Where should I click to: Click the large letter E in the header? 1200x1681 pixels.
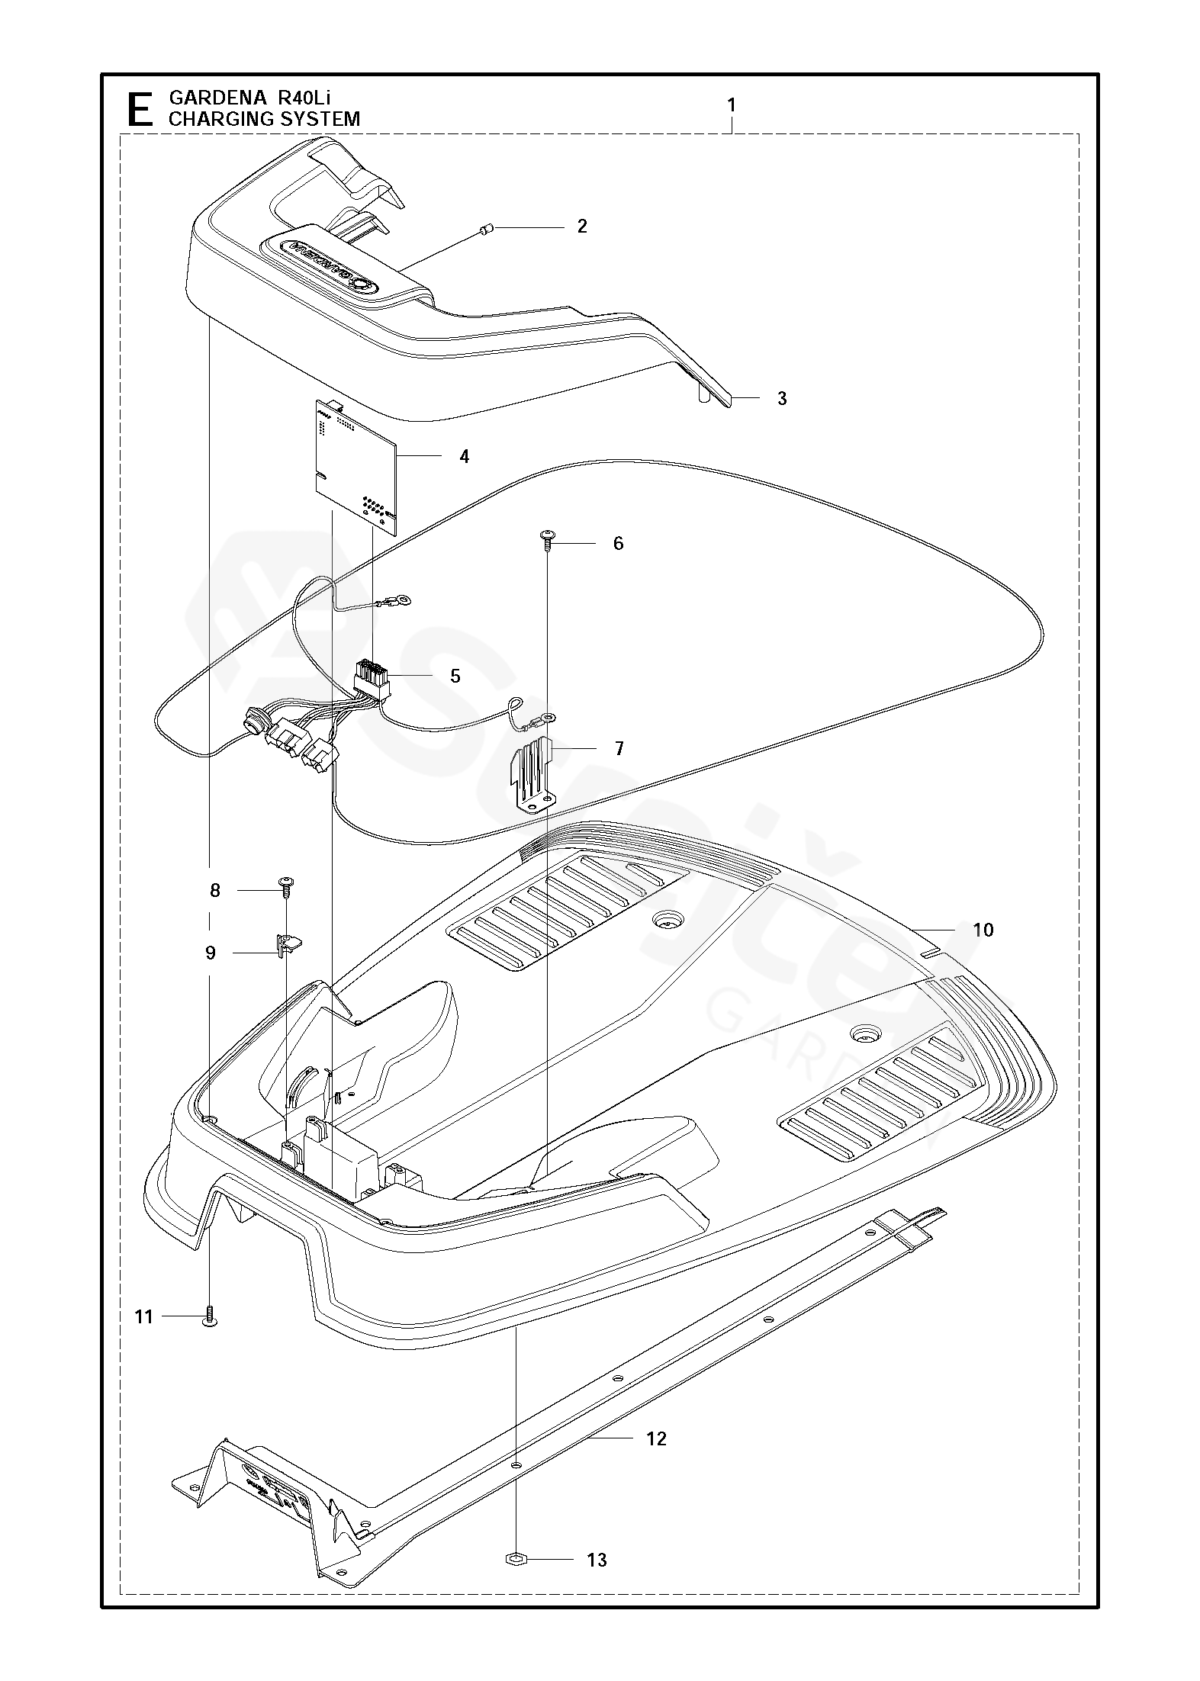138,109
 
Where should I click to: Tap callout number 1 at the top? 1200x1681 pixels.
732,105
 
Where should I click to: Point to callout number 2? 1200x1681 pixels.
582,227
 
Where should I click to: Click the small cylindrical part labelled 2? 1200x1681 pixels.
489,229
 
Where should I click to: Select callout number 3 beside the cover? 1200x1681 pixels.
782,398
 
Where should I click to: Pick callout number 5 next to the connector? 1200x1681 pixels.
455,676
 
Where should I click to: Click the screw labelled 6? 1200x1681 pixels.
547,538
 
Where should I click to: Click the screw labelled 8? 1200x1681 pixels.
287,886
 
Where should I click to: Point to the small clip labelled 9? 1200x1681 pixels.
286,945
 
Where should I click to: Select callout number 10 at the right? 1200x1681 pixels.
983,930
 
